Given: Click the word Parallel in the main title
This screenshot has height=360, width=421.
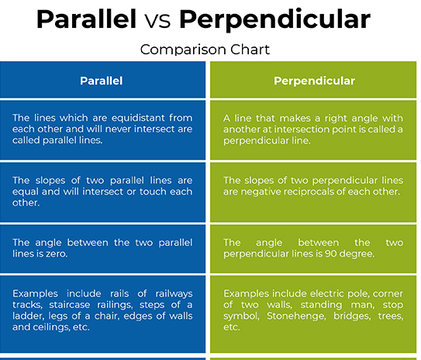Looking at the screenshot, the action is pos(87,19).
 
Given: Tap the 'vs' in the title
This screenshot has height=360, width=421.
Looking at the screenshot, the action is pos(157,21).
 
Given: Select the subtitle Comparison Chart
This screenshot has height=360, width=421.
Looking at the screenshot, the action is pos(205,50).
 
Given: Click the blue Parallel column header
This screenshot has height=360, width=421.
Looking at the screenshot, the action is pos(102,81).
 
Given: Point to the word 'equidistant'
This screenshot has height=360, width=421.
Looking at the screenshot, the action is pos(138,118).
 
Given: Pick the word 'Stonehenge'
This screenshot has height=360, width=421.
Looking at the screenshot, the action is pos(296,317).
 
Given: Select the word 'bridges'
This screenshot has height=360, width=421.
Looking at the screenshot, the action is pos(352,317).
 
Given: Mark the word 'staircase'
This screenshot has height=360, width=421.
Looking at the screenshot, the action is pos(70,305).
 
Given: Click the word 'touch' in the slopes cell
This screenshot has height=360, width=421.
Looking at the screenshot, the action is pos(154,192).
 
